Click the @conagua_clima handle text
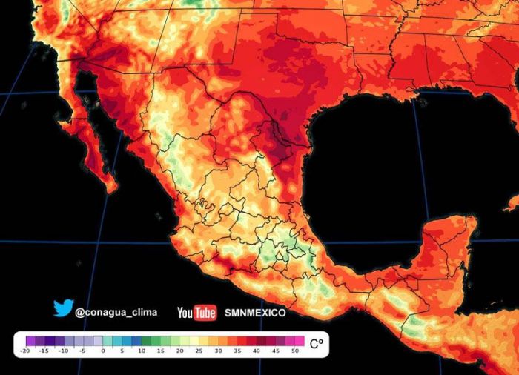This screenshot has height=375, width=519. click(x=116, y=313)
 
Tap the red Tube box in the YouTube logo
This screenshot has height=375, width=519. click(x=205, y=313)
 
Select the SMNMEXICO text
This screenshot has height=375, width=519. click(x=256, y=313)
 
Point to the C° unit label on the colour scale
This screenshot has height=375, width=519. click(x=317, y=344)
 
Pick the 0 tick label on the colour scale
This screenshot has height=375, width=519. click(x=102, y=351)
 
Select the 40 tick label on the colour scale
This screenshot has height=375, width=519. click(x=257, y=351)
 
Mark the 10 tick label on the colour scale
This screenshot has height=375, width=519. click(x=141, y=351)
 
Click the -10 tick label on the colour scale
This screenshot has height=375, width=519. click(x=64, y=351)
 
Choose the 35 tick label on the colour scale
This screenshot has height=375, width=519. click(x=237, y=351)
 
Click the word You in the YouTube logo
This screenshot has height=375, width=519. click(x=185, y=313)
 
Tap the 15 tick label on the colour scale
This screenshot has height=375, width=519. click(x=160, y=351)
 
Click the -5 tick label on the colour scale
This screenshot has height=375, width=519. click(x=83, y=351)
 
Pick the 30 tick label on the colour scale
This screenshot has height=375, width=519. click(x=218, y=351)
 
